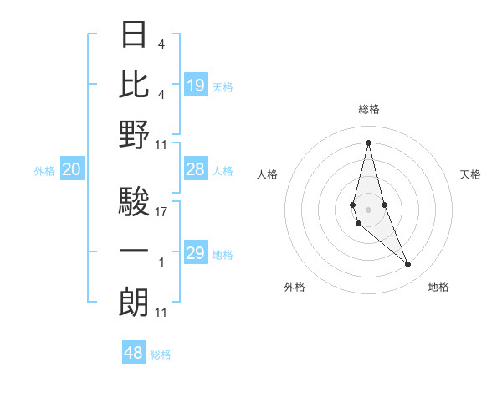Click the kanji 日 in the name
coord(135,34)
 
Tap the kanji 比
coord(135,84)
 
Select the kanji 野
coord(135,134)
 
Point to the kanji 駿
coord(135,202)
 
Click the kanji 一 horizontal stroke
coord(135,251)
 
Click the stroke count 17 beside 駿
coord(161,212)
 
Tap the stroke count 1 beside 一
coord(161,262)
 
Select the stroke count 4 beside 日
coord(161,44)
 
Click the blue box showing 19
coord(196,86)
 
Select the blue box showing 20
coord(71,170)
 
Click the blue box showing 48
coord(133,353)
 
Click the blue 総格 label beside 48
coord(161,355)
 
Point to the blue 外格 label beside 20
coord(44,171)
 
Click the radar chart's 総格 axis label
coord(369,109)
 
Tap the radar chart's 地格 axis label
coord(438,287)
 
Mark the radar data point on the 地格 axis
coord(408,265)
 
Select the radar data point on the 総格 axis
coord(368,142)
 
